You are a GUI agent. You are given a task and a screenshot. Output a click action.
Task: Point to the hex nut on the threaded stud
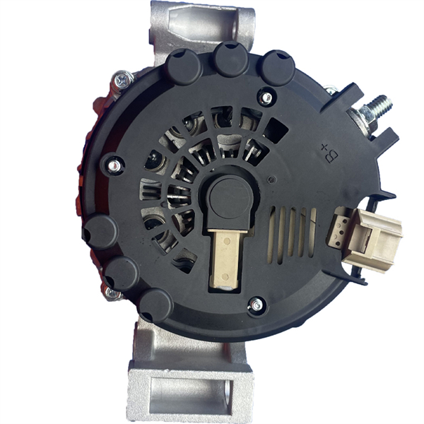(367, 113)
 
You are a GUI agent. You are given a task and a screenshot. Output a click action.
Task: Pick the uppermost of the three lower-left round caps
(100, 232)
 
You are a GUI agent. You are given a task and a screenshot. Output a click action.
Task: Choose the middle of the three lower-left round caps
(122, 273)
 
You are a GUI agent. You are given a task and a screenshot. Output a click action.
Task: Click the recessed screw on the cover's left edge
(113, 165)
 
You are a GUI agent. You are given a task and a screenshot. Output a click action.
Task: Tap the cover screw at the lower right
(256, 305)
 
